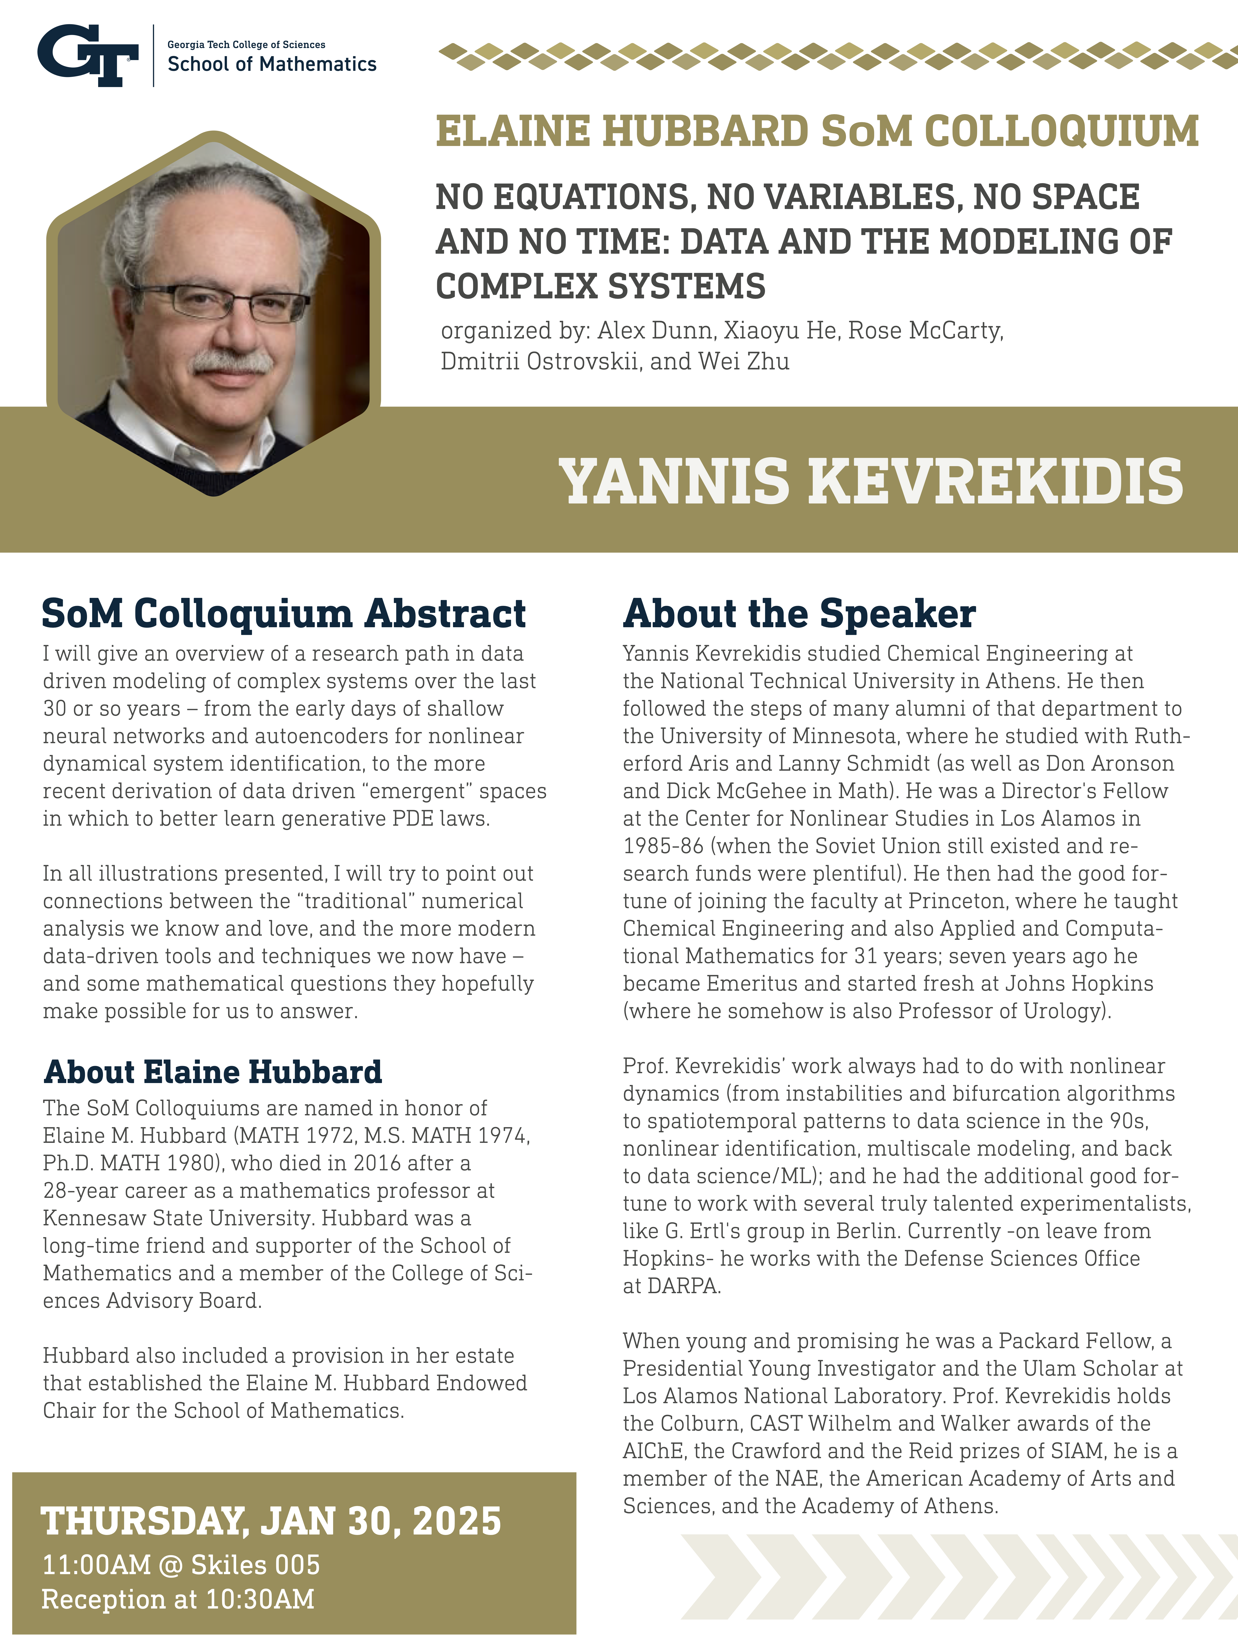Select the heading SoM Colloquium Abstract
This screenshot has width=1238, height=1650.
[284, 614]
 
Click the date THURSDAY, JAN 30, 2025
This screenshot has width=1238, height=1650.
[272, 1521]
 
